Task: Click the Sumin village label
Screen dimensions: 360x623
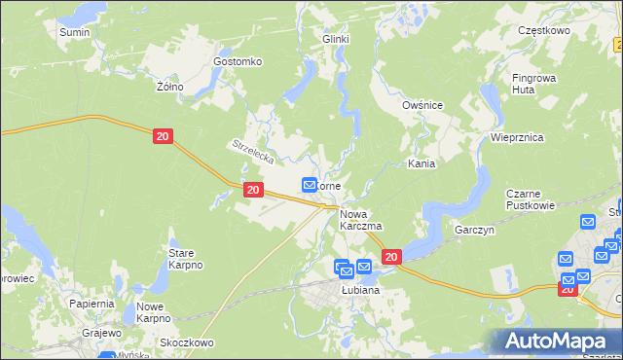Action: (75, 32)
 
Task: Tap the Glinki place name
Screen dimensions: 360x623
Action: (336, 39)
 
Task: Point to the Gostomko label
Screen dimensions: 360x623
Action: (238, 61)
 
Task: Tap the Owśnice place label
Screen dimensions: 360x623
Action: (423, 105)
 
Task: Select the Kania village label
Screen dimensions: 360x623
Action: (421, 164)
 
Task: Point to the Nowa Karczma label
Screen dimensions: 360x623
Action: (360, 219)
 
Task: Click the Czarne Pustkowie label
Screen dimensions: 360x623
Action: (531, 199)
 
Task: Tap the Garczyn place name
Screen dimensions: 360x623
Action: (476, 231)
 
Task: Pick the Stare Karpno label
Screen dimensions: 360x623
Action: (179, 258)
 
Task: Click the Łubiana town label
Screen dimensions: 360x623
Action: (359, 290)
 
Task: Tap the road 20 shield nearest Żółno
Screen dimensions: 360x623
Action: (164, 138)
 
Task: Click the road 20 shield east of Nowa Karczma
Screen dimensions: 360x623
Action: (391, 257)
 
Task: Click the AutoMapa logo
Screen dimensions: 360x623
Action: (557, 341)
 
